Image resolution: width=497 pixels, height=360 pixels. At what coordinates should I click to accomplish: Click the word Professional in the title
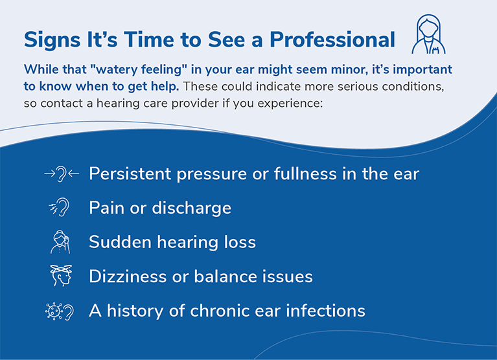332,39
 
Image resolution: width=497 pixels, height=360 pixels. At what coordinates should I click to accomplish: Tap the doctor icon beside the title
428,34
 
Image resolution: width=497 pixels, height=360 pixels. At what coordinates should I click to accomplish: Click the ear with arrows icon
62,174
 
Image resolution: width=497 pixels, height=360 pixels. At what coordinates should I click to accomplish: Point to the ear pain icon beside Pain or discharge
59,207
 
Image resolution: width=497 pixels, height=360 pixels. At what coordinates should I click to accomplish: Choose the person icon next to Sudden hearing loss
60,242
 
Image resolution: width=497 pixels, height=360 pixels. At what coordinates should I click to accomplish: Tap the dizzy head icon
61,275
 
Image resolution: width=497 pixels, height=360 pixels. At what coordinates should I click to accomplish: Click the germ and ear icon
60,311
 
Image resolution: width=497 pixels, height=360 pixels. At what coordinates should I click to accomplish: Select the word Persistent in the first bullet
130,174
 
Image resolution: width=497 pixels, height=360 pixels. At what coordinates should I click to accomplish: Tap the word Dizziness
128,276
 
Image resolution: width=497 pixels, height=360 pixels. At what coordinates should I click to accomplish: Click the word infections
325,310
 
